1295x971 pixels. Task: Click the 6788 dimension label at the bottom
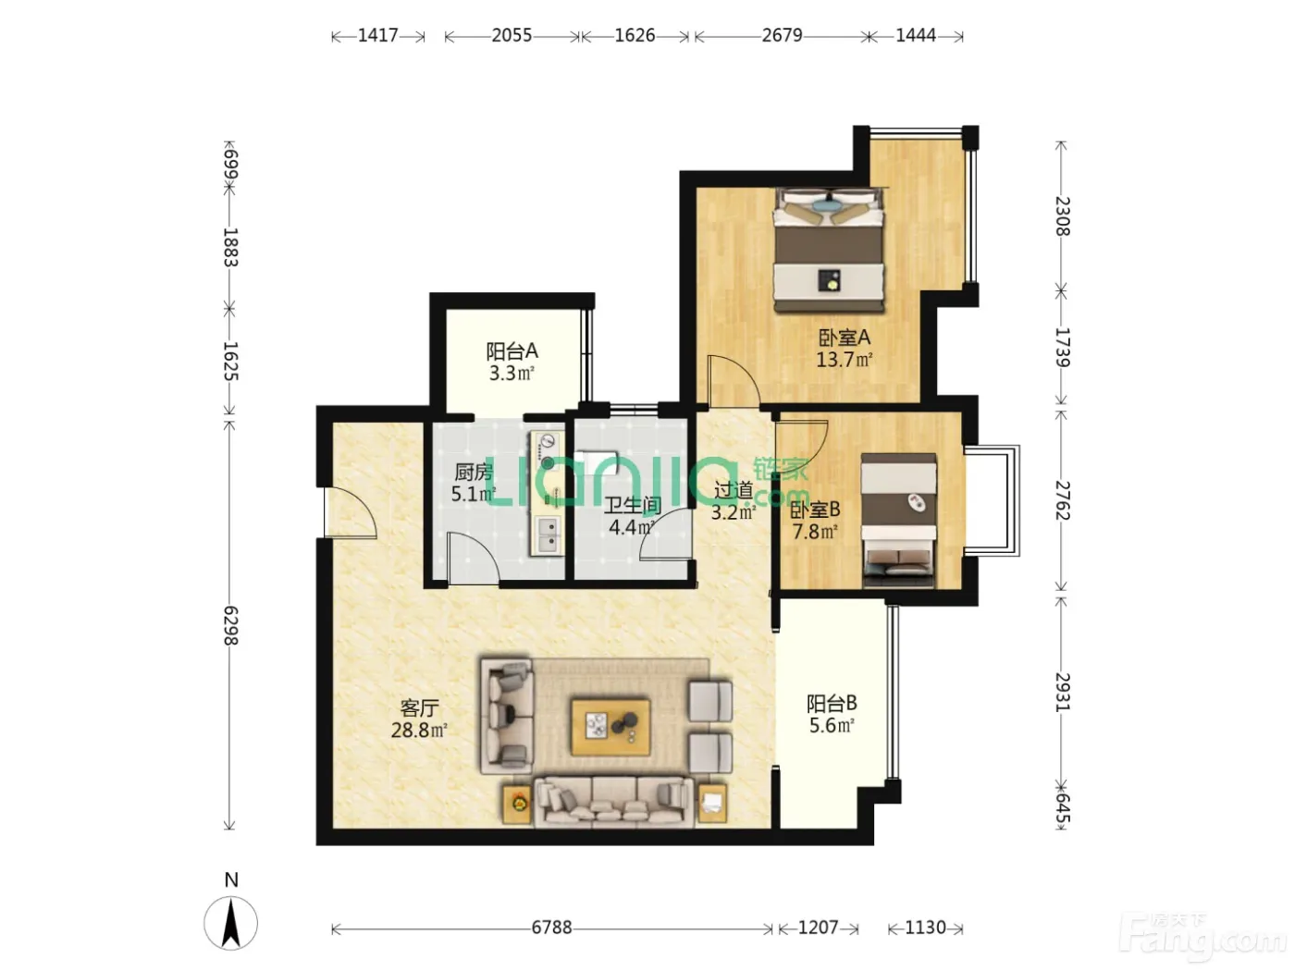tap(551, 928)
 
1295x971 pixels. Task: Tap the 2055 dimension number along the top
tap(512, 35)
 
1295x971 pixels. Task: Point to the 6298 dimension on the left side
tap(230, 625)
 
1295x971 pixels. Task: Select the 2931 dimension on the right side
tap(1062, 692)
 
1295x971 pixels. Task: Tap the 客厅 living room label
tap(419, 707)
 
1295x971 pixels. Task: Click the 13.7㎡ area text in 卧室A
tap(845, 359)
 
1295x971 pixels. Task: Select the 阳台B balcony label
tap(832, 704)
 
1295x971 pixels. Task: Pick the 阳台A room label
tap(512, 351)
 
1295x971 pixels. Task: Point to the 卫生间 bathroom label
tap(632, 505)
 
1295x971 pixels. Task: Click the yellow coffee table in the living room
tap(610, 728)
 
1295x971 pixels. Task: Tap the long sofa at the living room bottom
tap(613, 802)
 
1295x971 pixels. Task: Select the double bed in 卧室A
tap(829, 250)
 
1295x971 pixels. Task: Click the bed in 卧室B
tap(898, 520)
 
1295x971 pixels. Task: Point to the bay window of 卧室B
tap(993, 501)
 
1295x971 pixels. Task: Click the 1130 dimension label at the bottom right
tap(925, 928)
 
